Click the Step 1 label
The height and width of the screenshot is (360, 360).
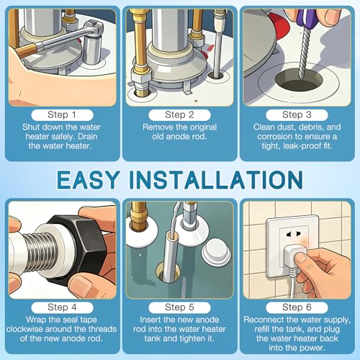62,114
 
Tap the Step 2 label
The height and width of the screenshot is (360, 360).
179,114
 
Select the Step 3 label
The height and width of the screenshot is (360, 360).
297,114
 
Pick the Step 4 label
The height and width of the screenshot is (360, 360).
62,307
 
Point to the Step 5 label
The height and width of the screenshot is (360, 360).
179,307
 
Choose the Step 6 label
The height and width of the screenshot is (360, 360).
297,307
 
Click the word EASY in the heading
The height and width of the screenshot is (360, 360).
88,179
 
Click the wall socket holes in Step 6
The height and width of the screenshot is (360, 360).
293,234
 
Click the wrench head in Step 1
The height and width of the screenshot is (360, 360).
93,27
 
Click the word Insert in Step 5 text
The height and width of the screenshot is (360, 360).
150,320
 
